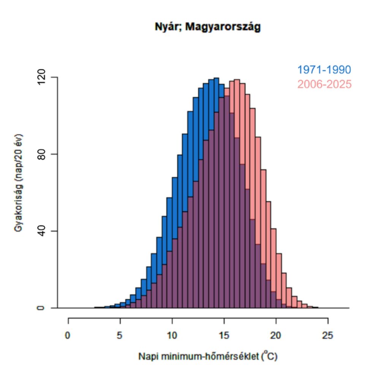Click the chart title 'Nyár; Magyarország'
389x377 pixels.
point(208,27)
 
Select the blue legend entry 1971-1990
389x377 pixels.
point(324,70)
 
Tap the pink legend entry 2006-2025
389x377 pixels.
point(324,84)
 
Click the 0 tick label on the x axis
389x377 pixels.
point(68,336)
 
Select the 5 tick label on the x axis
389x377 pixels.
point(120,336)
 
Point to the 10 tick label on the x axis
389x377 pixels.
point(172,336)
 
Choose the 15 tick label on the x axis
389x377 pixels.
point(224,336)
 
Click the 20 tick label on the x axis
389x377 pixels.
point(276,336)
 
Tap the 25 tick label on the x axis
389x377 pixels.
point(327,336)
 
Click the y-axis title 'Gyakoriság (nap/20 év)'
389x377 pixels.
point(19,183)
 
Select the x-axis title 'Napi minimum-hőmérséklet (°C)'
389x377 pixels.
point(208,356)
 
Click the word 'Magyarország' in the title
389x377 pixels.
point(223,27)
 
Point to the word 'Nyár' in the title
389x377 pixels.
point(168,27)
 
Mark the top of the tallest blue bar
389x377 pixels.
point(216,78)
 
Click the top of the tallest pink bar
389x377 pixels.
point(237,80)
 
